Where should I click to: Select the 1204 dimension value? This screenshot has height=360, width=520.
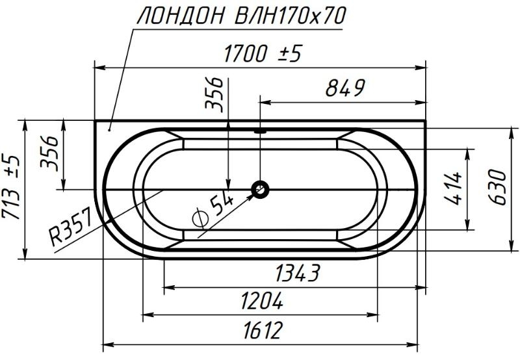tap(261, 302)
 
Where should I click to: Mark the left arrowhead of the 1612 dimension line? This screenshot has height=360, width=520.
tap(108, 343)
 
